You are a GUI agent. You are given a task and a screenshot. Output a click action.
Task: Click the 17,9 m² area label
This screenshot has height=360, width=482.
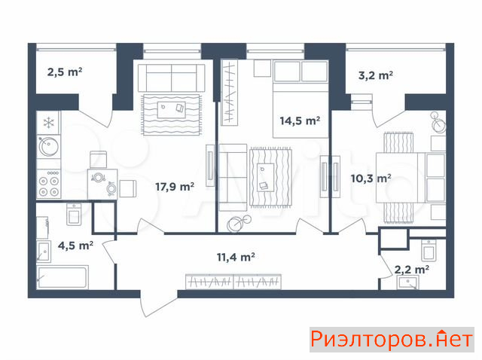coord(175,187)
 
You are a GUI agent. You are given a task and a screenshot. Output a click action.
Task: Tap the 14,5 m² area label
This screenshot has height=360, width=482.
coord(300,121)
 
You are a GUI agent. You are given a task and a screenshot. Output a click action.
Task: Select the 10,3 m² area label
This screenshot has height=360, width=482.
coord(371,178)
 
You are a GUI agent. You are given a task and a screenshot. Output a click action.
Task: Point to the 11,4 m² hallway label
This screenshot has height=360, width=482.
coord(236,257)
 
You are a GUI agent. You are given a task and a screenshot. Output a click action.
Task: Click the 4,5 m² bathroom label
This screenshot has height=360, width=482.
coord(75,246)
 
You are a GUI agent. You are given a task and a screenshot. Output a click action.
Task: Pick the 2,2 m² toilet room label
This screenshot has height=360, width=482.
coord(412,270)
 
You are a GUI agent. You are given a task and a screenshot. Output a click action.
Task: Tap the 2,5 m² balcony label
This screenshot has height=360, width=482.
coord(65,72)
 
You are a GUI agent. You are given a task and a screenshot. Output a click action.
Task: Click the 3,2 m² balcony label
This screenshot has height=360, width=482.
coord(376,75)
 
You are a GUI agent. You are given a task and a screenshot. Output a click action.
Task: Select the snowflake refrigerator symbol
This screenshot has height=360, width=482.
coord(48,123)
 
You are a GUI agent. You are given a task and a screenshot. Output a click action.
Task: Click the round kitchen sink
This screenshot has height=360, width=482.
coord(48,146)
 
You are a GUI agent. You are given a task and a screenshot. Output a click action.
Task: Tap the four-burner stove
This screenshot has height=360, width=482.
coord(48,184)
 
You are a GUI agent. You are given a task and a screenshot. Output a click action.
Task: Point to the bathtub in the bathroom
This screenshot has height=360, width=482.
coord(63,277)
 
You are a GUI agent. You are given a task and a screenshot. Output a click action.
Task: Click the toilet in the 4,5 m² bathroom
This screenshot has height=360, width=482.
coord(74,214)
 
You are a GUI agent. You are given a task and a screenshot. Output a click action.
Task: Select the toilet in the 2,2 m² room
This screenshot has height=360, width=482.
coord(429,250)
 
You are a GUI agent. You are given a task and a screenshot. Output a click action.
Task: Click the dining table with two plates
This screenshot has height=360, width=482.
coord(102,184)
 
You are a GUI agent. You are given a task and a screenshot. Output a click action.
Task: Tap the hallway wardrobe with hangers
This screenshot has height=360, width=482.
coord(233,282)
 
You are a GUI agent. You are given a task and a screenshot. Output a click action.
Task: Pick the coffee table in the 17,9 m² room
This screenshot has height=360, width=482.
coord(171,110)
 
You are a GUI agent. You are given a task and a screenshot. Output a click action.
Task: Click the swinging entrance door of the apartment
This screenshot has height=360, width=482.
coord(158,303)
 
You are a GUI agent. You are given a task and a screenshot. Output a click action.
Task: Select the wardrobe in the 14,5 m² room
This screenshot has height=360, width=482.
coord(230,92)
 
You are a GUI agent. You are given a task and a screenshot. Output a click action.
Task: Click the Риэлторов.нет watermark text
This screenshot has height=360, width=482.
coord(392,340)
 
